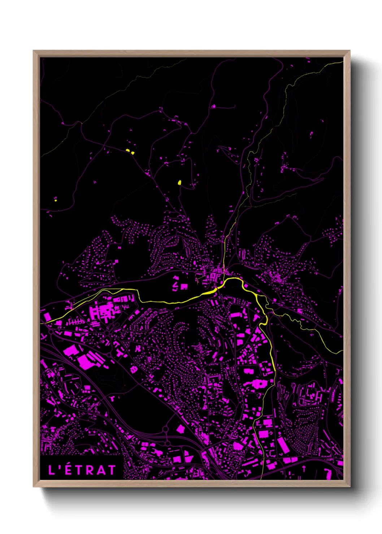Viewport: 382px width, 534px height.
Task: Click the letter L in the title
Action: [x=52, y=470]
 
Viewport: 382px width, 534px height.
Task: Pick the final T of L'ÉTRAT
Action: [x=111, y=470]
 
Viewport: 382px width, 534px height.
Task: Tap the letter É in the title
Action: [x=69, y=470]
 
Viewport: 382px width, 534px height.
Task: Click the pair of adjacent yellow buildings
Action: [x=130, y=152]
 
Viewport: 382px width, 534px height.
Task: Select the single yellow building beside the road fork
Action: [x=179, y=183]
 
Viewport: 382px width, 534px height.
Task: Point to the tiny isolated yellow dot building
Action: [x=56, y=200]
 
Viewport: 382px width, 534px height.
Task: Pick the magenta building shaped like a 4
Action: [x=175, y=285]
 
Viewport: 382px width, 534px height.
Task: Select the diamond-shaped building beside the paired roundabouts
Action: [x=181, y=429]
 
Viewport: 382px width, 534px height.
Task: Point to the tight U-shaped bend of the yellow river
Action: [x=263, y=322]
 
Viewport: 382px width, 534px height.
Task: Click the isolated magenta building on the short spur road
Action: [x=213, y=106]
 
